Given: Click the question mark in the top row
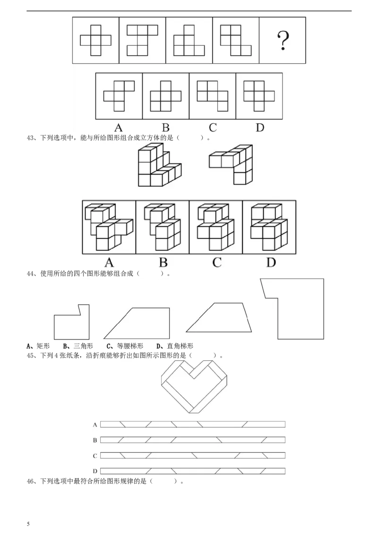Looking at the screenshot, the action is click(x=283, y=41).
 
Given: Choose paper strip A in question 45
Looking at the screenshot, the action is click(x=193, y=425).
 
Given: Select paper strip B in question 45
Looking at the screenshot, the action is click(x=193, y=440).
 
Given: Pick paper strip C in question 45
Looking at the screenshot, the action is click(x=193, y=455).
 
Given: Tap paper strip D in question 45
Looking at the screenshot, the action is click(x=193, y=471).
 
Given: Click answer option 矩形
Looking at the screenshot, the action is click(x=43, y=346).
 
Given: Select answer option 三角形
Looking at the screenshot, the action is click(x=83, y=346).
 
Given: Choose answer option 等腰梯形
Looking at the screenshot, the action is click(x=130, y=346).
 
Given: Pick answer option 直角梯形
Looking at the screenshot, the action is click(x=180, y=346).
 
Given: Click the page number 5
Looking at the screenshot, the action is click(x=28, y=524).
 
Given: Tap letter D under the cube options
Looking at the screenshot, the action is click(x=271, y=263).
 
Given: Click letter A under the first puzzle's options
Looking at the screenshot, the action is click(x=119, y=128).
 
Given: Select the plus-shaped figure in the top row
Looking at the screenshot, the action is click(x=95, y=41).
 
